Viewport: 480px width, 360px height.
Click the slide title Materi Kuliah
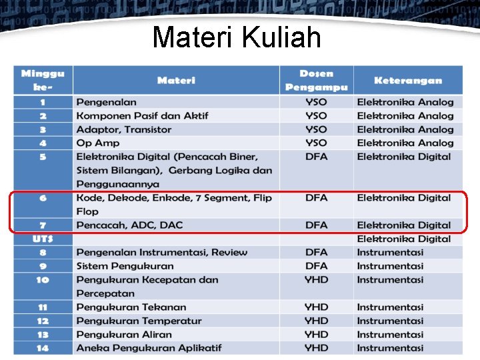point(237,37)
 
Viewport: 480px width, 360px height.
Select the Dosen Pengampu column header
point(316,80)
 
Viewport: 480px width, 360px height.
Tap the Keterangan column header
point(408,81)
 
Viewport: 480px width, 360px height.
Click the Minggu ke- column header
point(43,80)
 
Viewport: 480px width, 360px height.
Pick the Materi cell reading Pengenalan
point(107,102)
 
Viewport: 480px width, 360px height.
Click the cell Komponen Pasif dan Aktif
point(142,116)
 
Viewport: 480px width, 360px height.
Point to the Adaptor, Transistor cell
point(124,129)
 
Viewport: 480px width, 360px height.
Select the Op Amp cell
point(98,143)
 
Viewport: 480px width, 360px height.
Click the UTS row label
point(43,239)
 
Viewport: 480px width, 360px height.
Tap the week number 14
point(43,348)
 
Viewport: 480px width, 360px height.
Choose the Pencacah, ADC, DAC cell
point(129,225)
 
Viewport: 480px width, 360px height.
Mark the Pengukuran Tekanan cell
point(131,307)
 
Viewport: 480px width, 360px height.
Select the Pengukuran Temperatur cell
point(139,321)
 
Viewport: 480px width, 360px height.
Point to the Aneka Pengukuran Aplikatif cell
point(149,348)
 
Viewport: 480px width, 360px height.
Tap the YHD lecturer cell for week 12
point(316,321)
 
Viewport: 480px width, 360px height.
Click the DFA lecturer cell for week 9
point(316,266)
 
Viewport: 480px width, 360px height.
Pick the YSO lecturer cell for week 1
point(316,102)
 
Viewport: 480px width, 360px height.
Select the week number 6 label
point(43,198)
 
